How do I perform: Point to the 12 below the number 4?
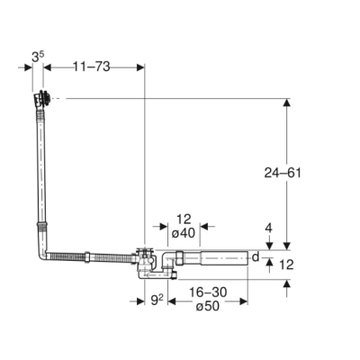click(287, 265)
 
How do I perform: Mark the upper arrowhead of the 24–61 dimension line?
click(287, 104)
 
